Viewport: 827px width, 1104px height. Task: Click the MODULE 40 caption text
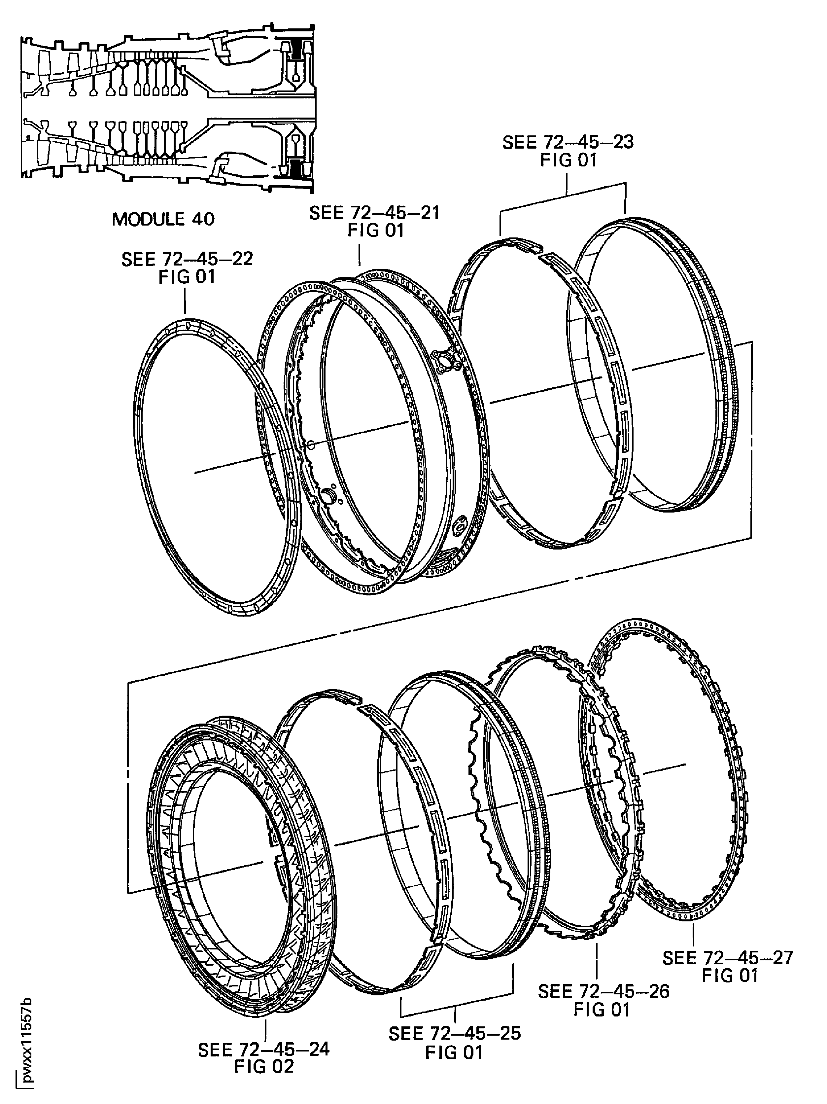click(163, 219)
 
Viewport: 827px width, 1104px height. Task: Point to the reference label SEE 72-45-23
click(568, 142)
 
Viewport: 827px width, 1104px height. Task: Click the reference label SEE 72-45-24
click(264, 1050)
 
